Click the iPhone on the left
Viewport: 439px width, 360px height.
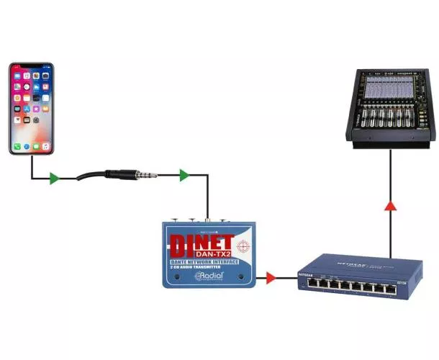click(31, 108)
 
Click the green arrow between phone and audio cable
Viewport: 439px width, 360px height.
click(54, 178)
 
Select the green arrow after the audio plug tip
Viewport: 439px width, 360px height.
click(184, 174)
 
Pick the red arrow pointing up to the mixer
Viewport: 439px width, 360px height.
click(390, 207)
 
